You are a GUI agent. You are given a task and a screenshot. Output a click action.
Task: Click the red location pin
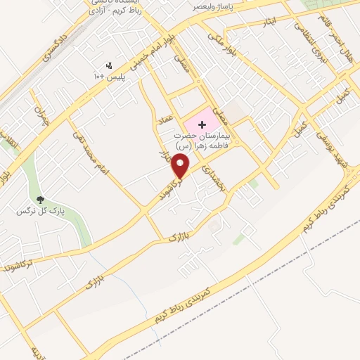[x=182, y=166]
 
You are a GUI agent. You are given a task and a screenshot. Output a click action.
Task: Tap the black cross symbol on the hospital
[x=203, y=124]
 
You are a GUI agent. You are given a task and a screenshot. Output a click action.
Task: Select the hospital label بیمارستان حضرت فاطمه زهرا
[x=210, y=139]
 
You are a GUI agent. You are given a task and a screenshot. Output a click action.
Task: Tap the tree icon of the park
[x=40, y=199]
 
